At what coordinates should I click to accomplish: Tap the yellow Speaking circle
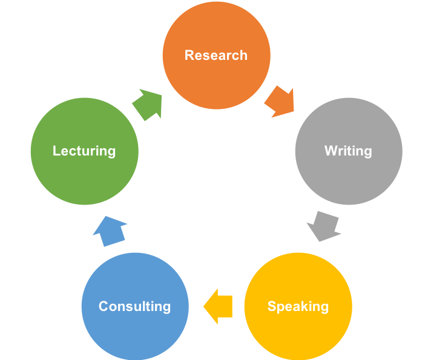[298, 330]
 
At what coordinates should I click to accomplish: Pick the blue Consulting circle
[135, 330]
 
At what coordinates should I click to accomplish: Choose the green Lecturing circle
[84, 175]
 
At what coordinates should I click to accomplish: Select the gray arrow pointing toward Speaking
[323, 226]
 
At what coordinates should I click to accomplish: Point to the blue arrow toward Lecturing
[110, 231]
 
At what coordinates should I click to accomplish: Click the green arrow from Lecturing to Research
[148, 103]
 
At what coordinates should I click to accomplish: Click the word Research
[216, 55]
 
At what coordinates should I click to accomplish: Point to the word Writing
[348, 151]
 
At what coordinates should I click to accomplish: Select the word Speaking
[298, 306]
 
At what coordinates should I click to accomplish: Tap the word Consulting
[135, 306]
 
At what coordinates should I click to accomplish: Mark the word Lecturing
[84, 151]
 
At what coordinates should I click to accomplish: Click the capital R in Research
[189, 55]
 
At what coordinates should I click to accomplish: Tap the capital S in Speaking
[272, 306]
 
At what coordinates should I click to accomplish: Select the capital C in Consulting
[104, 306]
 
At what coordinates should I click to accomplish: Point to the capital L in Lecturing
[56, 151]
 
